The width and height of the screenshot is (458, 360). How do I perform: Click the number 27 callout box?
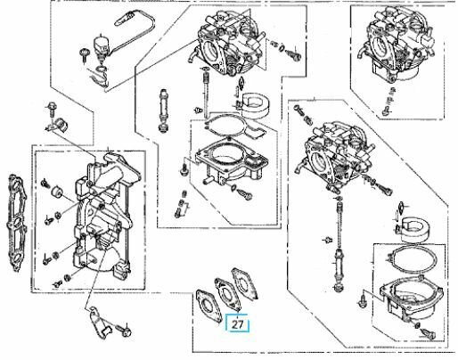coord(238,324)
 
